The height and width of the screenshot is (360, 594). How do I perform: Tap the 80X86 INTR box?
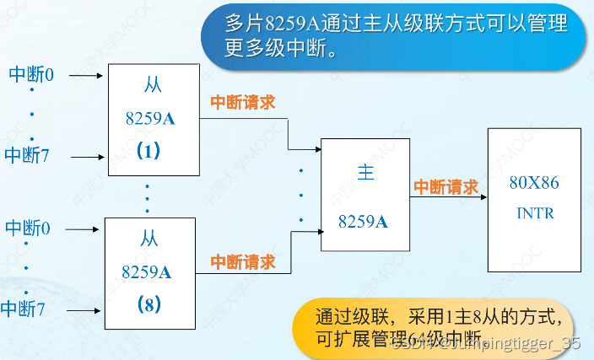[534, 199]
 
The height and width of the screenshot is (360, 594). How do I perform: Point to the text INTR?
[535, 213]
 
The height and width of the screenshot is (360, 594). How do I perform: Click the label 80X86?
[534, 182]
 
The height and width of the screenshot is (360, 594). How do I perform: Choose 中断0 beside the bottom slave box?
[29, 228]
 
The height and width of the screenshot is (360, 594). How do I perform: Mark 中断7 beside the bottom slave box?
[24, 308]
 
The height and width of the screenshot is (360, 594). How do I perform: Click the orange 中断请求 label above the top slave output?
[243, 102]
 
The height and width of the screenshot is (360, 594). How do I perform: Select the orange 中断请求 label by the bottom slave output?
[243, 262]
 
